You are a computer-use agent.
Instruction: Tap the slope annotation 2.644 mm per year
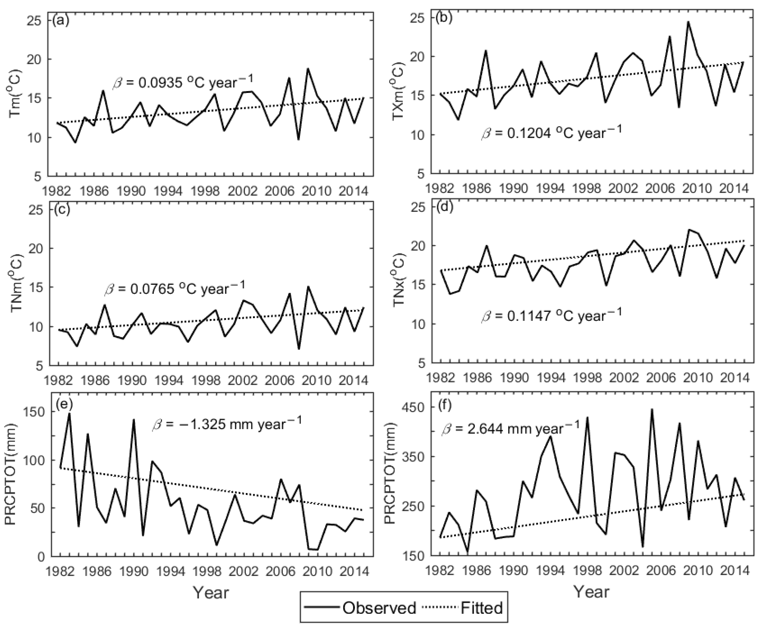tap(510, 428)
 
